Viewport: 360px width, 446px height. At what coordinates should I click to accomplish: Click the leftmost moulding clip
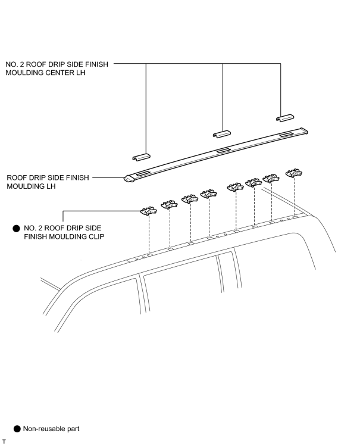point(148,211)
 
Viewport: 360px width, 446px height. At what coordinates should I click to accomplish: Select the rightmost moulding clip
point(294,173)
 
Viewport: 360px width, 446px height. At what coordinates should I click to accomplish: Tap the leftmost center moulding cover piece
point(141,157)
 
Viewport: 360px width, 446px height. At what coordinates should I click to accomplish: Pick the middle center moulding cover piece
point(222,134)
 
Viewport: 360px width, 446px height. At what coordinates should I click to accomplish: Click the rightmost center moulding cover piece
point(285,118)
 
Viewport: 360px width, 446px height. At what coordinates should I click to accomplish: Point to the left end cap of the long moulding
point(129,179)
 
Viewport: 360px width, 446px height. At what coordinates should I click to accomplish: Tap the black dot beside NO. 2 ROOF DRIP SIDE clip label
point(17,229)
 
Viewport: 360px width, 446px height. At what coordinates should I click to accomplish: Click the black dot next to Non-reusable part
point(17,429)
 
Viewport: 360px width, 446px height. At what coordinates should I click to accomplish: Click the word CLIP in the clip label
point(97,236)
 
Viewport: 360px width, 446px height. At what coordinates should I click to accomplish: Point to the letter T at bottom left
point(4,441)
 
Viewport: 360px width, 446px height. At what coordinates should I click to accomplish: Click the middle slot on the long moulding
point(224,150)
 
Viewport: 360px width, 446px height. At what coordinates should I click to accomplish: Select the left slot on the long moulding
point(144,173)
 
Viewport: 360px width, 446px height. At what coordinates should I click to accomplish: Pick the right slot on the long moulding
point(287,134)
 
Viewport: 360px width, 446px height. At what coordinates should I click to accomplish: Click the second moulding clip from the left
point(169,204)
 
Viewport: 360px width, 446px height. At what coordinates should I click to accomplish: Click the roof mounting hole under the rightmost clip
point(295,217)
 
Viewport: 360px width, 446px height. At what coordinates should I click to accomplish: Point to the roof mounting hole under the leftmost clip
point(150,254)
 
